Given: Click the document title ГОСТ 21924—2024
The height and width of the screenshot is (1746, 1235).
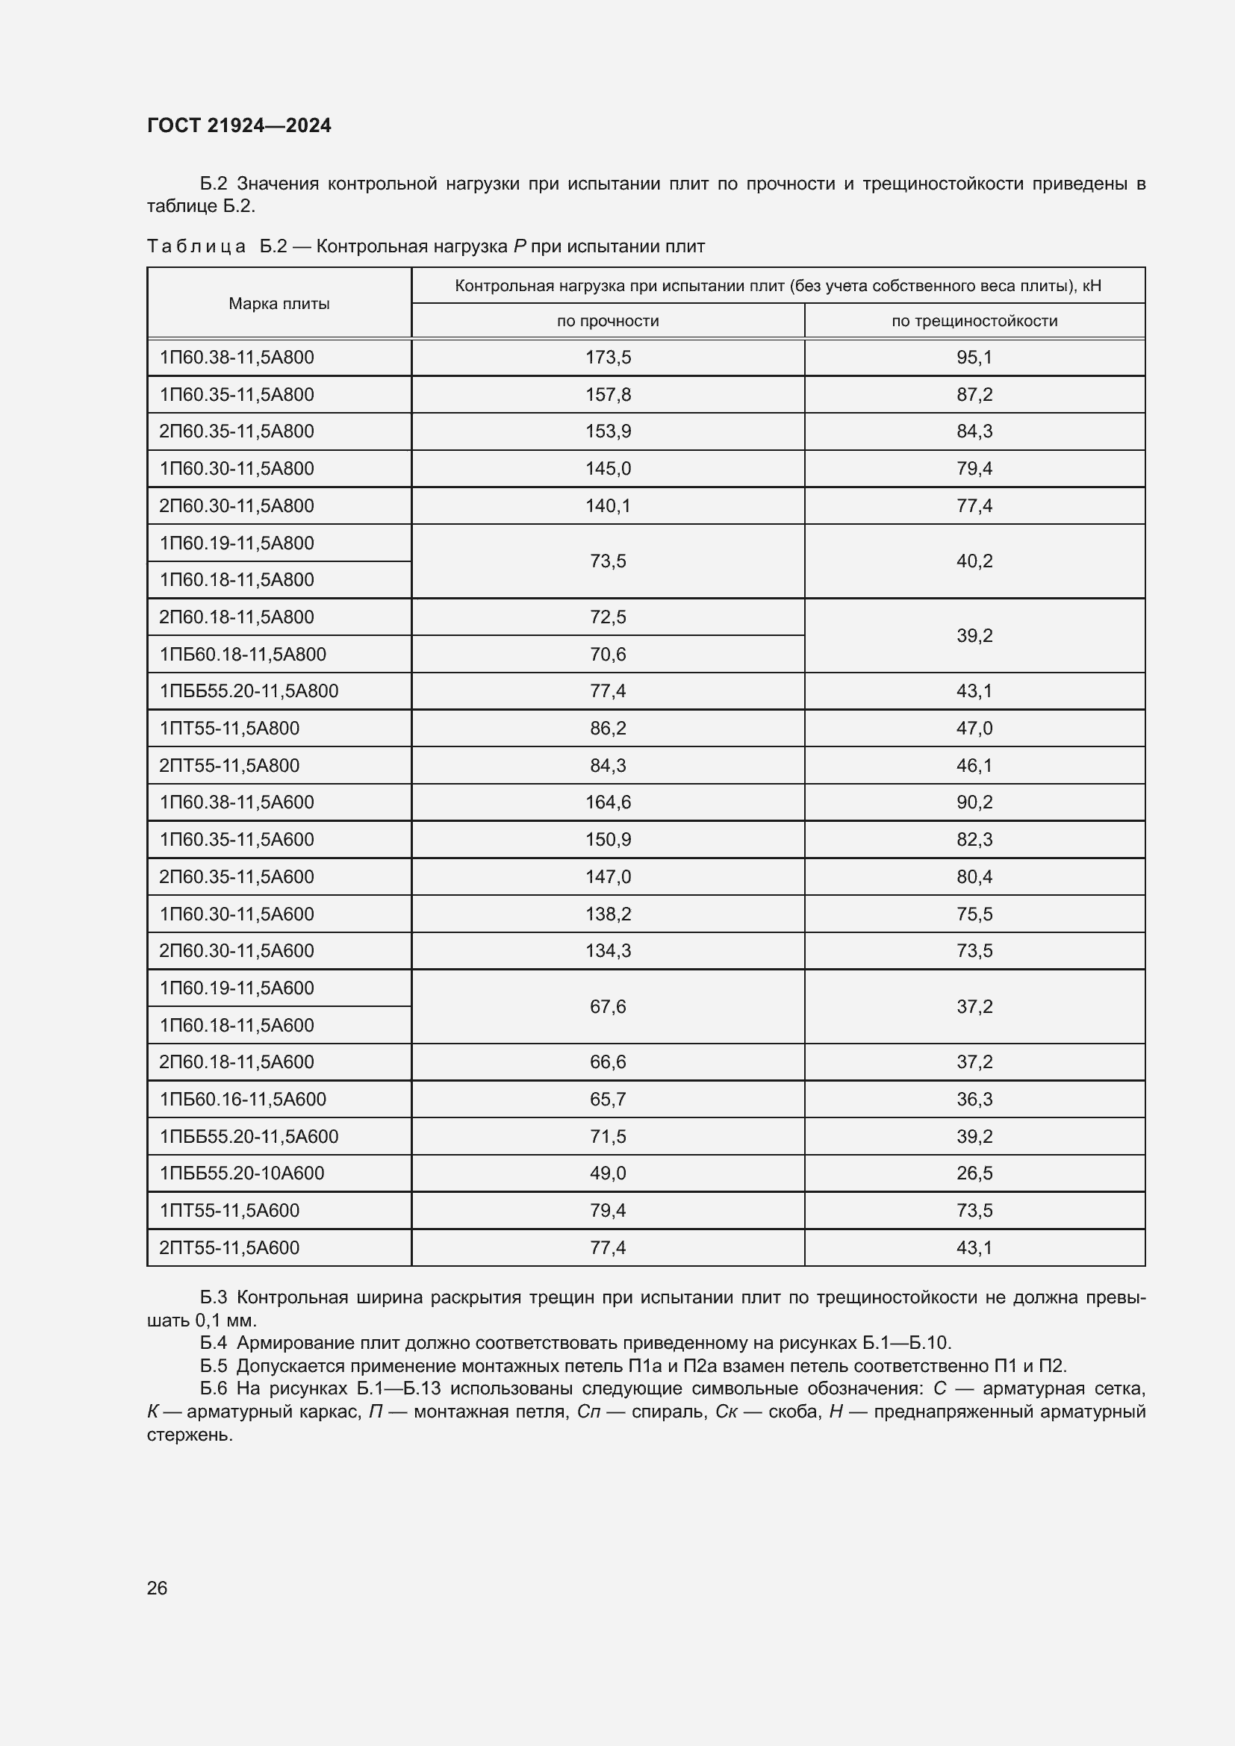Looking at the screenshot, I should [x=239, y=125].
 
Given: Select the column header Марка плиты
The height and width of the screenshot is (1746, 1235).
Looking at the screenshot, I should [x=279, y=304].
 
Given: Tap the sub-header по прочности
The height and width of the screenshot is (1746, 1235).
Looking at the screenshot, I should [x=608, y=321].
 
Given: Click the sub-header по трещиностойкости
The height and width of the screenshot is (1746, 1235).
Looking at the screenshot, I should [x=974, y=321].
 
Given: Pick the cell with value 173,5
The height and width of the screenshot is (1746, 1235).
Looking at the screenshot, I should [x=608, y=358].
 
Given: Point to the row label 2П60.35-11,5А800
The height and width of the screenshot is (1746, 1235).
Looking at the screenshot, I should [x=237, y=431].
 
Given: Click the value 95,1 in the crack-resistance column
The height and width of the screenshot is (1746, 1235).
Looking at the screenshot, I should [x=974, y=358].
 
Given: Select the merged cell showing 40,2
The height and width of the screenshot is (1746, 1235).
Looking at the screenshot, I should [x=974, y=561].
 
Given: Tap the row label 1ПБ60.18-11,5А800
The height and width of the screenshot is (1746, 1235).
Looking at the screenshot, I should [x=243, y=654].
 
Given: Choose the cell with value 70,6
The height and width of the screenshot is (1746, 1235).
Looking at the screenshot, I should [x=608, y=654].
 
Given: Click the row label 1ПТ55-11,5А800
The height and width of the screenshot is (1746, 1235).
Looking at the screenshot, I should [x=229, y=729].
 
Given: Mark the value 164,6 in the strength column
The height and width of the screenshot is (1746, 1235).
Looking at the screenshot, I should [x=608, y=802].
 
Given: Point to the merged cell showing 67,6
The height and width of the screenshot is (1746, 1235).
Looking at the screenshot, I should [x=608, y=1007].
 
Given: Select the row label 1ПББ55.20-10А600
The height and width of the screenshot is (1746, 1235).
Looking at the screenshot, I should [x=242, y=1173].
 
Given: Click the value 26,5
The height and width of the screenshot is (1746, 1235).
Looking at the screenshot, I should [x=974, y=1173].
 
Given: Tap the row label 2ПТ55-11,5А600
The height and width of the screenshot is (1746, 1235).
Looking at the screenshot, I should [x=229, y=1248].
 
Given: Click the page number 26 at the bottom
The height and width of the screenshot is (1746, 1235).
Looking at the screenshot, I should [x=157, y=1588].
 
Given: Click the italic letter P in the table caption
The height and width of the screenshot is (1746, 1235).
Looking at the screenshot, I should [x=520, y=246].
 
